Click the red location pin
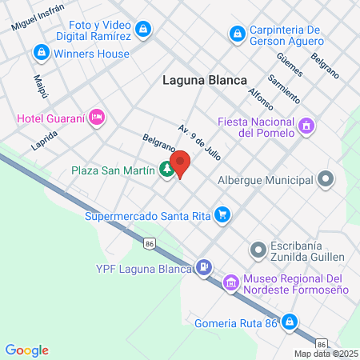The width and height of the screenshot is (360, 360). [x=181, y=163]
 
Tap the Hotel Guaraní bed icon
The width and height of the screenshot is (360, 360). [x=97, y=118]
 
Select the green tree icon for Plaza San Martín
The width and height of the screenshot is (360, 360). [x=166, y=169]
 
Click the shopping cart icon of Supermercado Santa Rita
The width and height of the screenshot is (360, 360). [x=222, y=214]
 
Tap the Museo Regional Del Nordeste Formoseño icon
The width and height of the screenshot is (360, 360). [x=231, y=282]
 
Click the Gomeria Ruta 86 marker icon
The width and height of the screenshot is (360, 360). [x=290, y=324]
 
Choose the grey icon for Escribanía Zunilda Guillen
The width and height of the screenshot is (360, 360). [x=258, y=251]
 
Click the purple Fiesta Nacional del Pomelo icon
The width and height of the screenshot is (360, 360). [x=304, y=126]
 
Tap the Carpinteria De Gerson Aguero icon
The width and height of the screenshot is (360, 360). [x=236, y=34]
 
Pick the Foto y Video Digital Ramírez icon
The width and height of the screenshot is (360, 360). [x=142, y=30]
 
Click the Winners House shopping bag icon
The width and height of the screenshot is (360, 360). [x=40, y=52]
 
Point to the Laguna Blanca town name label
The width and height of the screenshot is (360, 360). [x=205, y=79]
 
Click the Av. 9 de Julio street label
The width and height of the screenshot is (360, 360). [x=199, y=141]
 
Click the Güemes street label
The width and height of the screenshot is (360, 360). [x=288, y=65]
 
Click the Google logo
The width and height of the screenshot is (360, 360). [x=26, y=350]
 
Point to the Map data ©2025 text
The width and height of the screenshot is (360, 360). [x=326, y=354]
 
